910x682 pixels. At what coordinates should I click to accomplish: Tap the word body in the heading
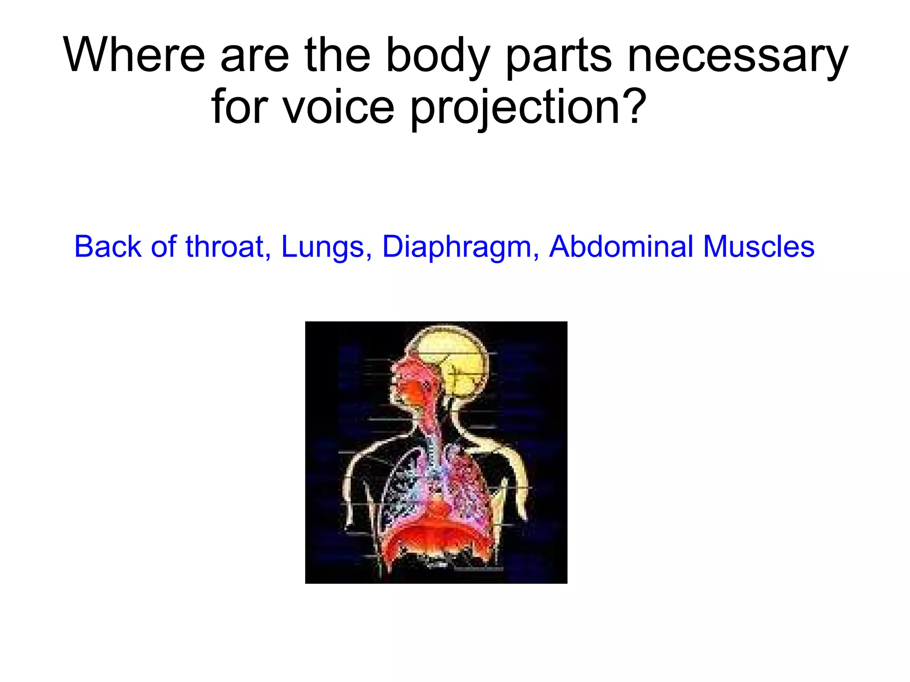pyautogui.click(x=438, y=56)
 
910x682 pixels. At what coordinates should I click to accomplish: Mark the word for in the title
pyautogui.click(x=240, y=107)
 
